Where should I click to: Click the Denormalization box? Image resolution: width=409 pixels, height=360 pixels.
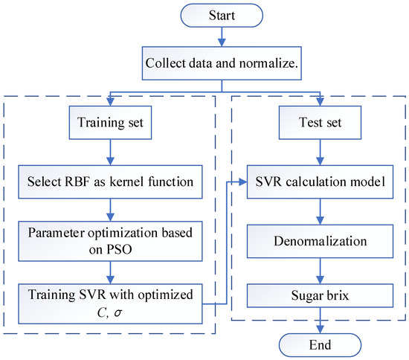tap(321, 242)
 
